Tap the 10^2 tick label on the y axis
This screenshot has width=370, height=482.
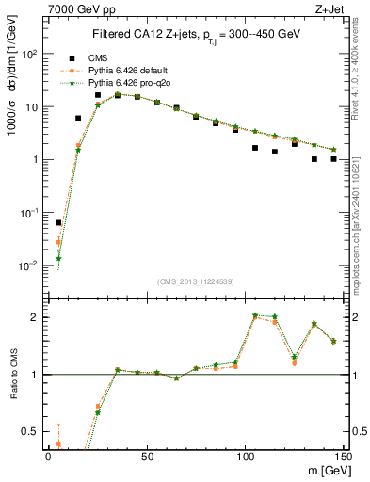click(x=31, y=54)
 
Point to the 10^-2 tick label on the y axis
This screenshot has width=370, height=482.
click(x=31, y=265)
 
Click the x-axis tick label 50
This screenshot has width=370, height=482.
click(x=147, y=457)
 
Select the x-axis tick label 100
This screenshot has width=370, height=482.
click(x=245, y=457)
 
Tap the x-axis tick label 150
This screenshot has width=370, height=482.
click(x=343, y=457)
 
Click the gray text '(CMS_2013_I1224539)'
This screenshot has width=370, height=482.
click(x=196, y=281)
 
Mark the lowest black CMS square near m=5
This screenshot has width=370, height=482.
click(x=58, y=223)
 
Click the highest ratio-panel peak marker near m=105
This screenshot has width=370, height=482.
click(x=255, y=315)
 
